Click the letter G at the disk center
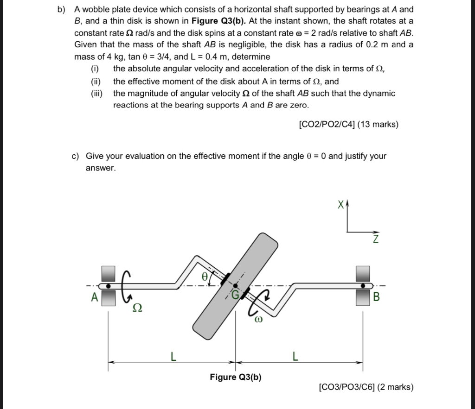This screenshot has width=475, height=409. (x=235, y=294)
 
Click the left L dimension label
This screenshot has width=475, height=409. (x=173, y=357)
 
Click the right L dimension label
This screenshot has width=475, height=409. (x=295, y=357)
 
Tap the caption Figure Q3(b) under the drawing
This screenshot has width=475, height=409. (x=235, y=377)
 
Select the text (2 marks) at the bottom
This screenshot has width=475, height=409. (x=395, y=387)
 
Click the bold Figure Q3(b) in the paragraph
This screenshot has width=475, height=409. (x=218, y=21)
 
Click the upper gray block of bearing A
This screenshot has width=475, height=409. (x=108, y=273)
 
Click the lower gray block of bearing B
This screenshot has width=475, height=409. (x=363, y=298)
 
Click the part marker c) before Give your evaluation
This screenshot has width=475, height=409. (x=76, y=156)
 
